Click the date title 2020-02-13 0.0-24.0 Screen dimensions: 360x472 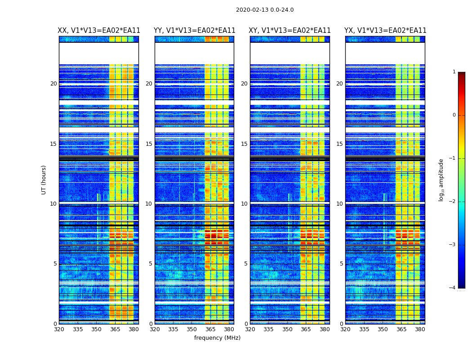(265, 10)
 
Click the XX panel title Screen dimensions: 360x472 (99, 31)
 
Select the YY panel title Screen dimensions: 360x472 (194, 31)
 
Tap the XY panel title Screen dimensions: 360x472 (290, 31)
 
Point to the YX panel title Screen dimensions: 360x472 (385, 31)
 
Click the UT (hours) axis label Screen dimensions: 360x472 (44, 180)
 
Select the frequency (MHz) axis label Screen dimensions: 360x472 (217, 338)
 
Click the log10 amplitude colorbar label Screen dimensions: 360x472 (441, 180)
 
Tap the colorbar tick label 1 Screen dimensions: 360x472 (454, 72)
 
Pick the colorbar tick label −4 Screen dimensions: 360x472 (453, 288)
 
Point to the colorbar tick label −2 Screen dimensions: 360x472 (453, 202)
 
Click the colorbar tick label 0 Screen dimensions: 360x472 (454, 115)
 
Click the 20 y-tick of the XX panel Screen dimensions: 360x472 (53, 84)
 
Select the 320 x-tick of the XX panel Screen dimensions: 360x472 (59, 329)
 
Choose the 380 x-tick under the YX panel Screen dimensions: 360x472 (420, 329)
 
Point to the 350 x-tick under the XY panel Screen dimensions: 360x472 (287, 329)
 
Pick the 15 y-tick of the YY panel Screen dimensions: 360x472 (149, 144)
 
